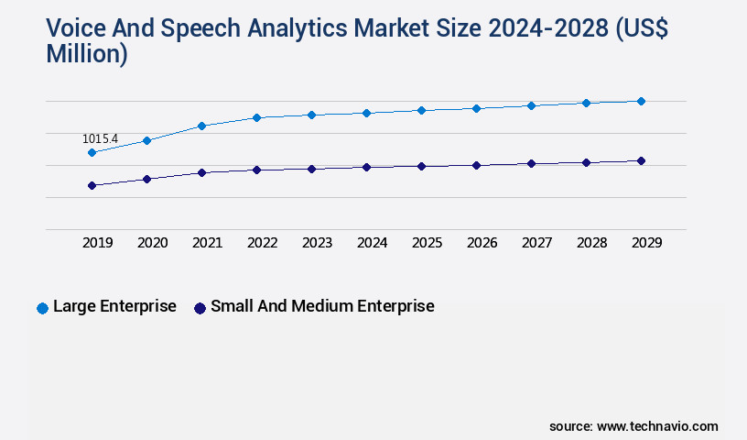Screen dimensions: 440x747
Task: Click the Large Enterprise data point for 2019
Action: click(92, 152)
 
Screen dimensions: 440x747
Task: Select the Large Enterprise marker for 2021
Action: click(201, 126)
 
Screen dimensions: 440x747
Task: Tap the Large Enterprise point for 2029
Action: click(641, 101)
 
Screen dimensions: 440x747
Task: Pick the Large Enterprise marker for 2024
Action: click(366, 113)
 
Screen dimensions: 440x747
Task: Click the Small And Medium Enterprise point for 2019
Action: click(92, 185)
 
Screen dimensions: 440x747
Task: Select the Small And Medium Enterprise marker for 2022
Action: click(256, 170)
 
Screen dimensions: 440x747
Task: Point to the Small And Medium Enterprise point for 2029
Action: click(641, 160)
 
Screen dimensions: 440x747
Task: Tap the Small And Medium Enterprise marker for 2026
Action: click(476, 165)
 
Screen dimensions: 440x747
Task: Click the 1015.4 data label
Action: click(100, 138)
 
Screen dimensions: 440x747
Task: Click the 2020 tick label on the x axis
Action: click(152, 243)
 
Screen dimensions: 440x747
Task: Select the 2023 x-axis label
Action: click(317, 243)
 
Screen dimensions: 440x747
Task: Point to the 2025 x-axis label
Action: click(427, 243)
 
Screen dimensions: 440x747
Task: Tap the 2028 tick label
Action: click(591, 243)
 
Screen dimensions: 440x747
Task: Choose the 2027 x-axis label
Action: click(536, 243)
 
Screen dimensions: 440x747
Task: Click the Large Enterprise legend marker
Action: click(42, 308)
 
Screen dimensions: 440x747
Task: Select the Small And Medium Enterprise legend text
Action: click(322, 306)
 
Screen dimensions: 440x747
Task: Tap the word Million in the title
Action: click(86, 54)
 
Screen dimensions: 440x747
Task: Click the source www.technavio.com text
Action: click(633, 426)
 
